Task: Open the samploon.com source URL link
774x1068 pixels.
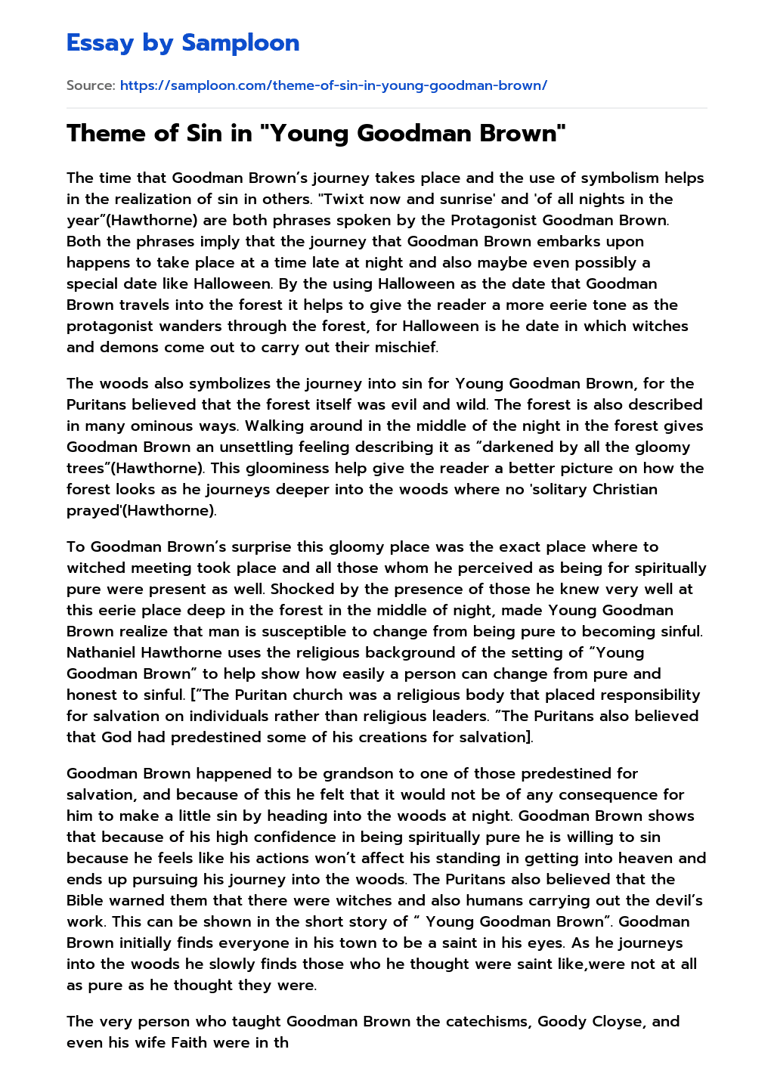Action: point(333,85)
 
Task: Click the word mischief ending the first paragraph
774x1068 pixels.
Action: point(405,348)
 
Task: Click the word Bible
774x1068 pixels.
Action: point(85,901)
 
